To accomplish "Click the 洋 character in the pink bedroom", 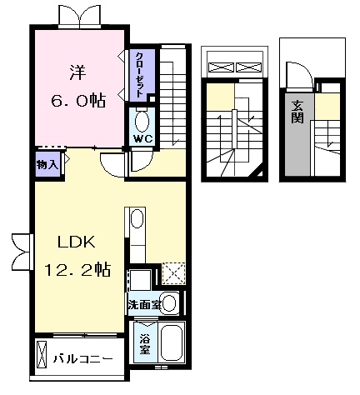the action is tap(77, 72).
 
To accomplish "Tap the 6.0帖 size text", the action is tap(78, 100).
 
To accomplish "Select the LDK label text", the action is tap(76, 242).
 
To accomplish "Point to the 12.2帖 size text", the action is tap(77, 269).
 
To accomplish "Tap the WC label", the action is tap(143, 138).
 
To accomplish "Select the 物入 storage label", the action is tap(47, 165).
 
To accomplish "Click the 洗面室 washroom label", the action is tap(144, 305).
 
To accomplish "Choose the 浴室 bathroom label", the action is tap(145, 345).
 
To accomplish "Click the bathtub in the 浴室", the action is tap(172, 342).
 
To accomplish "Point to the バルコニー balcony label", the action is tap(83, 359).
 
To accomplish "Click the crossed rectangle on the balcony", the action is tap(42, 354).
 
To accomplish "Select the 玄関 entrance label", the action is tap(297, 112).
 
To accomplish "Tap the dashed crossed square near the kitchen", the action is tap(173, 273).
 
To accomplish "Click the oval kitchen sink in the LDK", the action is tap(137, 218).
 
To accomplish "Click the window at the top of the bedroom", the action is tap(80, 17).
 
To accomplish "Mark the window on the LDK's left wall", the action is tap(22, 252).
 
